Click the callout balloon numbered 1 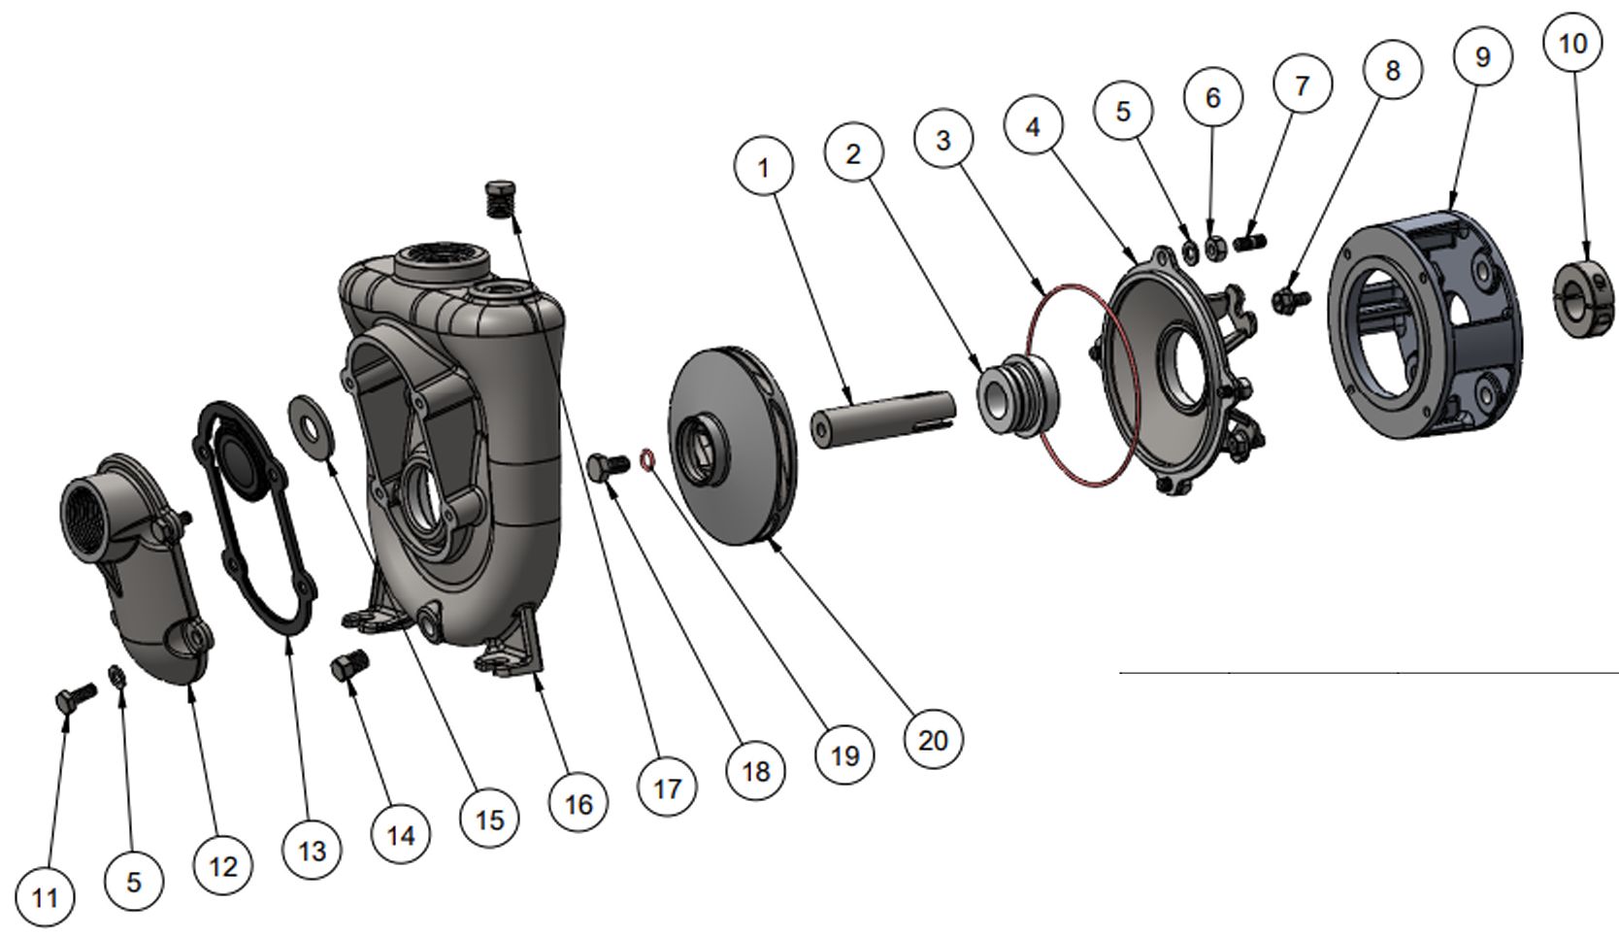click(763, 167)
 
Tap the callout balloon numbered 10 click(1572, 43)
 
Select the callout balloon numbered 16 click(578, 803)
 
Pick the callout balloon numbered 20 click(932, 740)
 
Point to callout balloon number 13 click(312, 851)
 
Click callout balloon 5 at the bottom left click(133, 881)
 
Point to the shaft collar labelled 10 click(1584, 297)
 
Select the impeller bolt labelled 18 click(609, 467)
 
